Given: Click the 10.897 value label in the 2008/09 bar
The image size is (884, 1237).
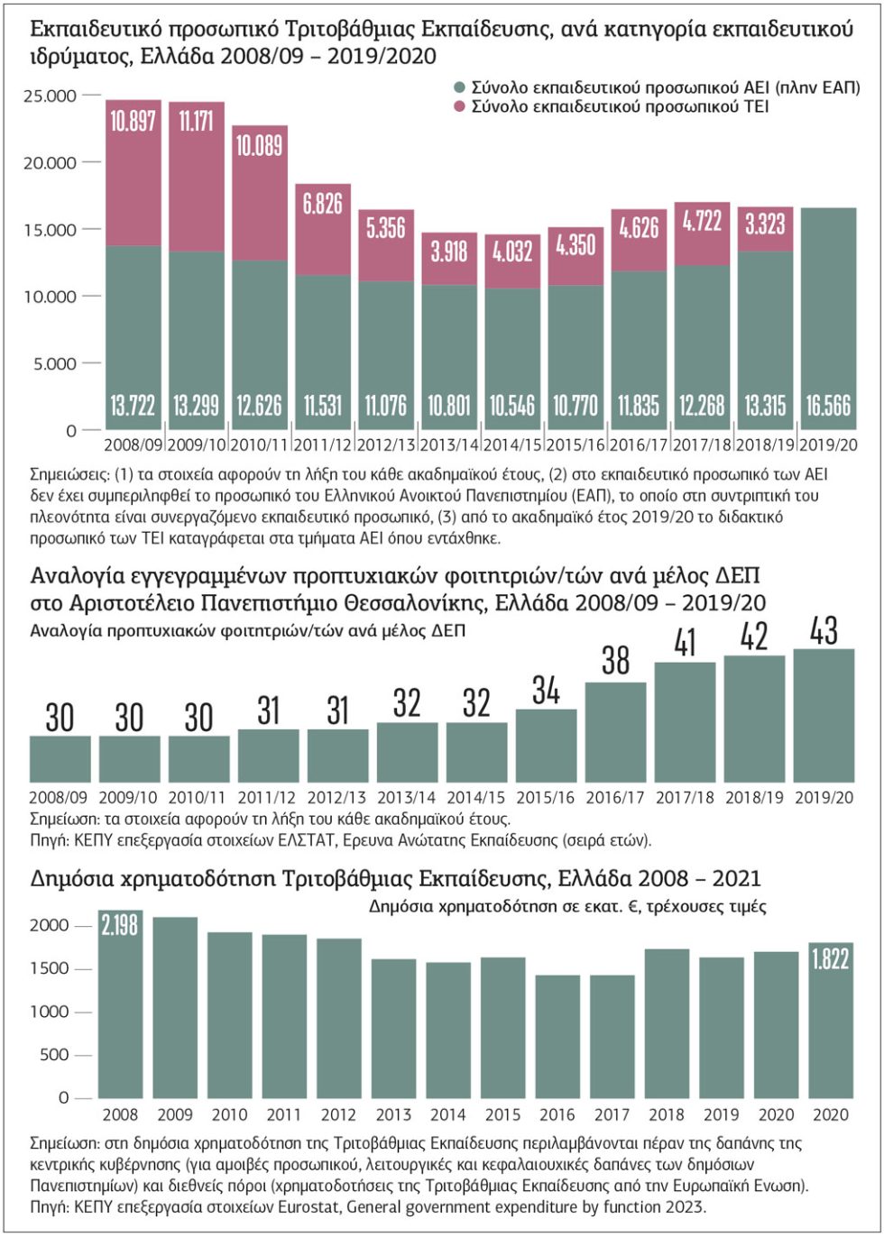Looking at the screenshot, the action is [134, 121].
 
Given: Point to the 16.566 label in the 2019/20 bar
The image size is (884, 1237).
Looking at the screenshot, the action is [828, 406].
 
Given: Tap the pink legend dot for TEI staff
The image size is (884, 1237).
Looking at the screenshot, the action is [459, 106].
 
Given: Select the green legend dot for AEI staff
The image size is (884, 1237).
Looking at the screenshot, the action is [459, 87].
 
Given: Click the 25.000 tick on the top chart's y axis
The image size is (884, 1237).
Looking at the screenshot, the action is [50, 96].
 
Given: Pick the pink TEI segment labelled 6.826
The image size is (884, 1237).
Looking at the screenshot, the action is [323, 229].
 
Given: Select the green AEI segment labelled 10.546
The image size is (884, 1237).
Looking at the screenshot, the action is [512, 359].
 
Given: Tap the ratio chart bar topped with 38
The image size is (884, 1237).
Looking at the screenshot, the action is [616, 732].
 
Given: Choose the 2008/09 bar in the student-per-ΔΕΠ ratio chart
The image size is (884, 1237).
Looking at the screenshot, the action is [60, 759].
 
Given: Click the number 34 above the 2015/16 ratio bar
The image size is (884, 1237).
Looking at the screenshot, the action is [547, 691].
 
